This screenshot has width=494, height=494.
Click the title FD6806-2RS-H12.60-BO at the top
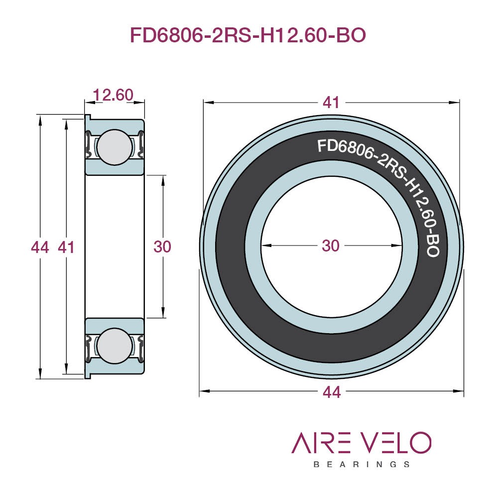click(247, 35)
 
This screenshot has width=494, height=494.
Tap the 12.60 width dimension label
click(113, 95)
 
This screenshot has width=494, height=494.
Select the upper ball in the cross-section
click(115, 147)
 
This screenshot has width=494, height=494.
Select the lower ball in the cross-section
click(115, 346)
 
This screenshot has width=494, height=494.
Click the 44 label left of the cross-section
click(40, 247)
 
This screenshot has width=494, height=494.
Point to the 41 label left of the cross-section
click(66, 247)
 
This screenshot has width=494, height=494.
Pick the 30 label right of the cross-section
click(162, 247)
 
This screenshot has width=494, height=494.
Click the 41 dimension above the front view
click(331, 103)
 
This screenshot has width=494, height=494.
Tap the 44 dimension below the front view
click(332, 392)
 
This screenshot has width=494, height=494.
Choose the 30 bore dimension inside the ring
click(331, 246)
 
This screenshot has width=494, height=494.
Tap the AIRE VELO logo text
click(362, 442)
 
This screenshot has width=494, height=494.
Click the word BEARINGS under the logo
click(362, 465)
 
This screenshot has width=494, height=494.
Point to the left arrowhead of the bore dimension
click(266, 246)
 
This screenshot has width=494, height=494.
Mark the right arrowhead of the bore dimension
click(396, 246)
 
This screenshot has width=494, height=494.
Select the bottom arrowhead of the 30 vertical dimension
click(163, 313)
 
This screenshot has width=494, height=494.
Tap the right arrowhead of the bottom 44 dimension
click(458, 391)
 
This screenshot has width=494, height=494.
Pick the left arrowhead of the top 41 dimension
click(209, 103)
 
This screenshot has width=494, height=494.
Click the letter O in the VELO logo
click(420, 442)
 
